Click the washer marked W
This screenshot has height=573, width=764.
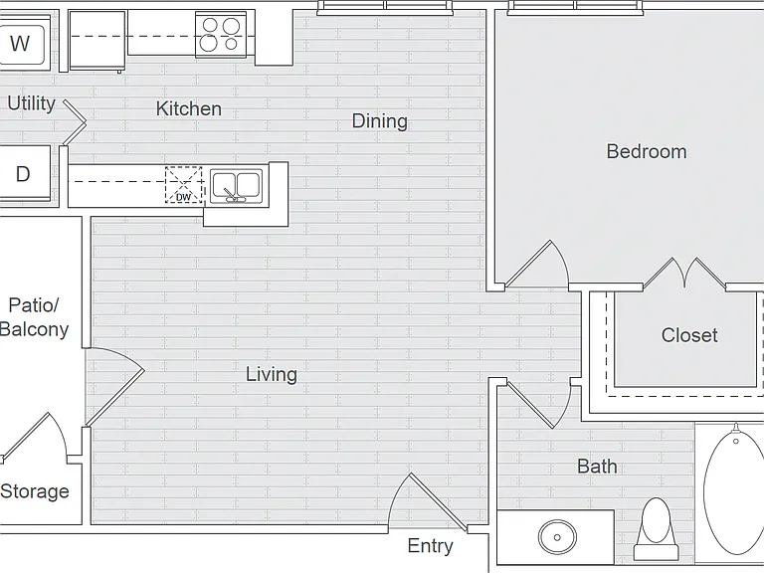(x=24, y=43)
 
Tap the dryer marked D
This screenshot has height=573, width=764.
(x=24, y=173)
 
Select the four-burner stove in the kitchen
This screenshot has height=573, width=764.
(x=221, y=34)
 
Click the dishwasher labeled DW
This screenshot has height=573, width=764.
(x=184, y=185)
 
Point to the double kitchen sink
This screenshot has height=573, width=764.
(x=237, y=186)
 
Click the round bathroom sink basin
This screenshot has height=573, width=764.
(x=557, y=537)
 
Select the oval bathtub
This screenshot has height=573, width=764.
(x=734, y=492)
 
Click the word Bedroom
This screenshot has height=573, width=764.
(x=647, y=151)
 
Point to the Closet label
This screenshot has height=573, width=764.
(x=689, y=335)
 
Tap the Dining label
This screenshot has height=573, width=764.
(x=380, y=121)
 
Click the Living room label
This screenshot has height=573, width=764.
(x=272, y=375)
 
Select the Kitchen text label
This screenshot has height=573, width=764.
(x=189, y=108)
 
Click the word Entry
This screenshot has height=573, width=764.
(x=430, y=546)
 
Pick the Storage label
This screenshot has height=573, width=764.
(x=35, y=491)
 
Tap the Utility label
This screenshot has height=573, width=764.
(x=31, y=103)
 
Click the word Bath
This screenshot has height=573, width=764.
(x=597, y=467)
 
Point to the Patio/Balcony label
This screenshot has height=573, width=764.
(x=34, y=317)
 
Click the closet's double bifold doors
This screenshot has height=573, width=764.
(x=685, y=274)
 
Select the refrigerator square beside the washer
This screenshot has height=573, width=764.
(x=97, y=41)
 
